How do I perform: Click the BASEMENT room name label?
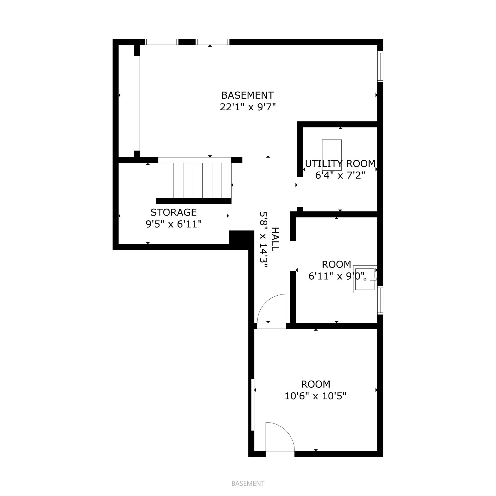coord(248,95)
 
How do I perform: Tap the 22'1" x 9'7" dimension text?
coord(248,107)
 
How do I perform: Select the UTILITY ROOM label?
coord(340,164)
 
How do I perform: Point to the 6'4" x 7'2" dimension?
coord(340,175)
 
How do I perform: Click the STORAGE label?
coord(174,212)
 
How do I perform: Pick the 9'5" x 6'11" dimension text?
coord(174,224)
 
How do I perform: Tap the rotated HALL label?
coord(275,239)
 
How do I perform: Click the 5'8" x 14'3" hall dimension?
coord(263,239)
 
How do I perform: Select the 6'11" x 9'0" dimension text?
coord(337,276)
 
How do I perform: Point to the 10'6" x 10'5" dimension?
coord(316,396)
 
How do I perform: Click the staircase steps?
coord(197,180)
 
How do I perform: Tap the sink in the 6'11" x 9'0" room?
coord(365,279)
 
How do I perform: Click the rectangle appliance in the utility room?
coord(332,151)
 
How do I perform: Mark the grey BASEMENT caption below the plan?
coord(248,483)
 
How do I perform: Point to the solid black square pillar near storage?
coord(241,237)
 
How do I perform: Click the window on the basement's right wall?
coord(380,67)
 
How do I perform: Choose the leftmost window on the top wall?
coord(162,42)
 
